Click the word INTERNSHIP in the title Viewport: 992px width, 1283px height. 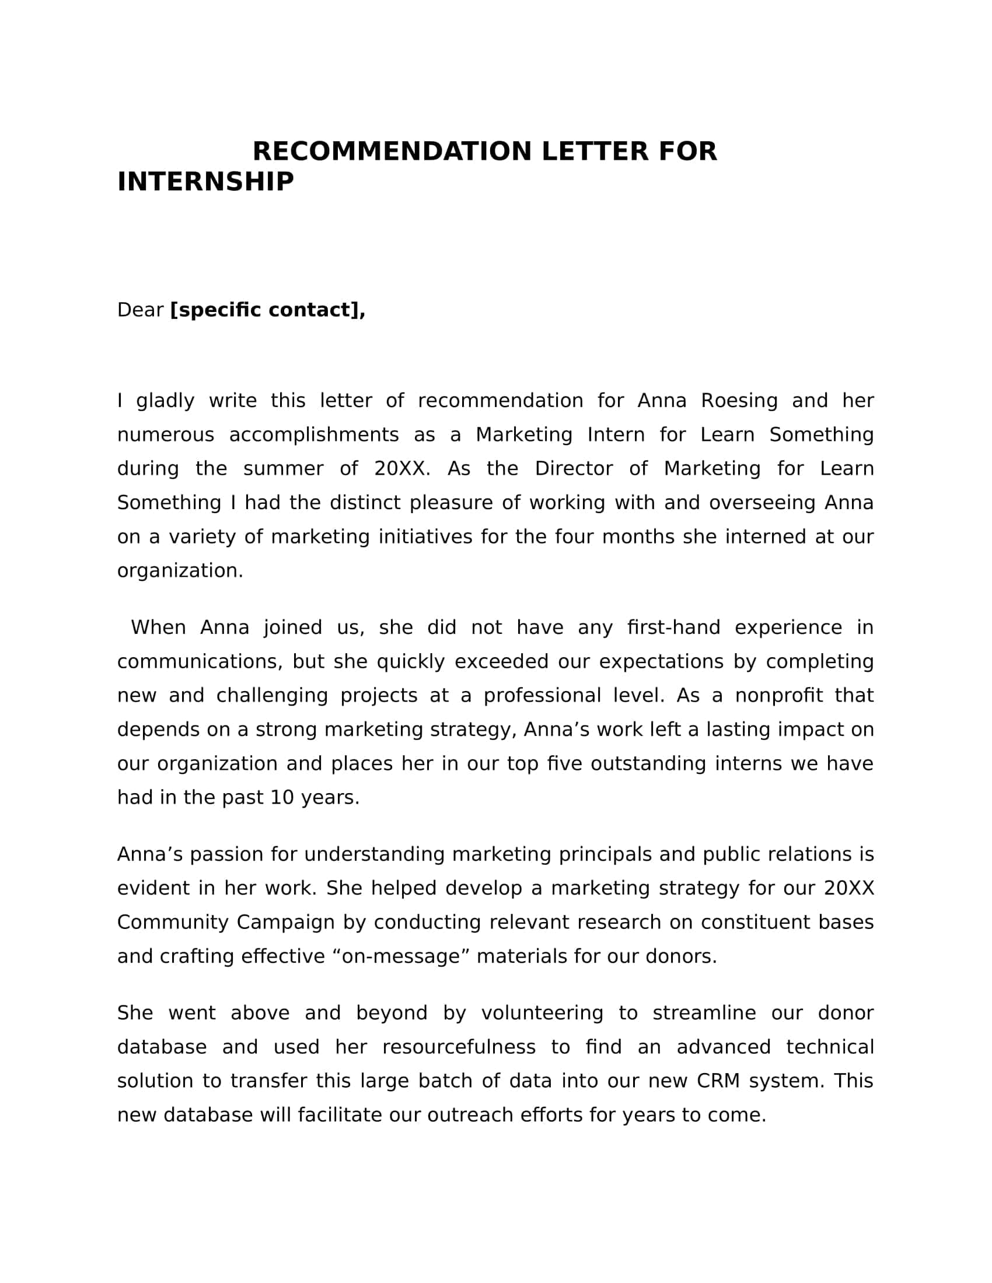[205, 181]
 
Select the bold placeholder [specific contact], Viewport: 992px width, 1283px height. [267, 310]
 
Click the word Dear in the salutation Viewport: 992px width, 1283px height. [140, 310]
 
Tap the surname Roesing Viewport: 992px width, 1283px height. [739, 401]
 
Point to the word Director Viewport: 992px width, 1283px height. [574, 469]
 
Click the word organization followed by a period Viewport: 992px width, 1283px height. [180, 570]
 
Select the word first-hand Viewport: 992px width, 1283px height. [673, 628]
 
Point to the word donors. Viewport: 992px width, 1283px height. [681, 956]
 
